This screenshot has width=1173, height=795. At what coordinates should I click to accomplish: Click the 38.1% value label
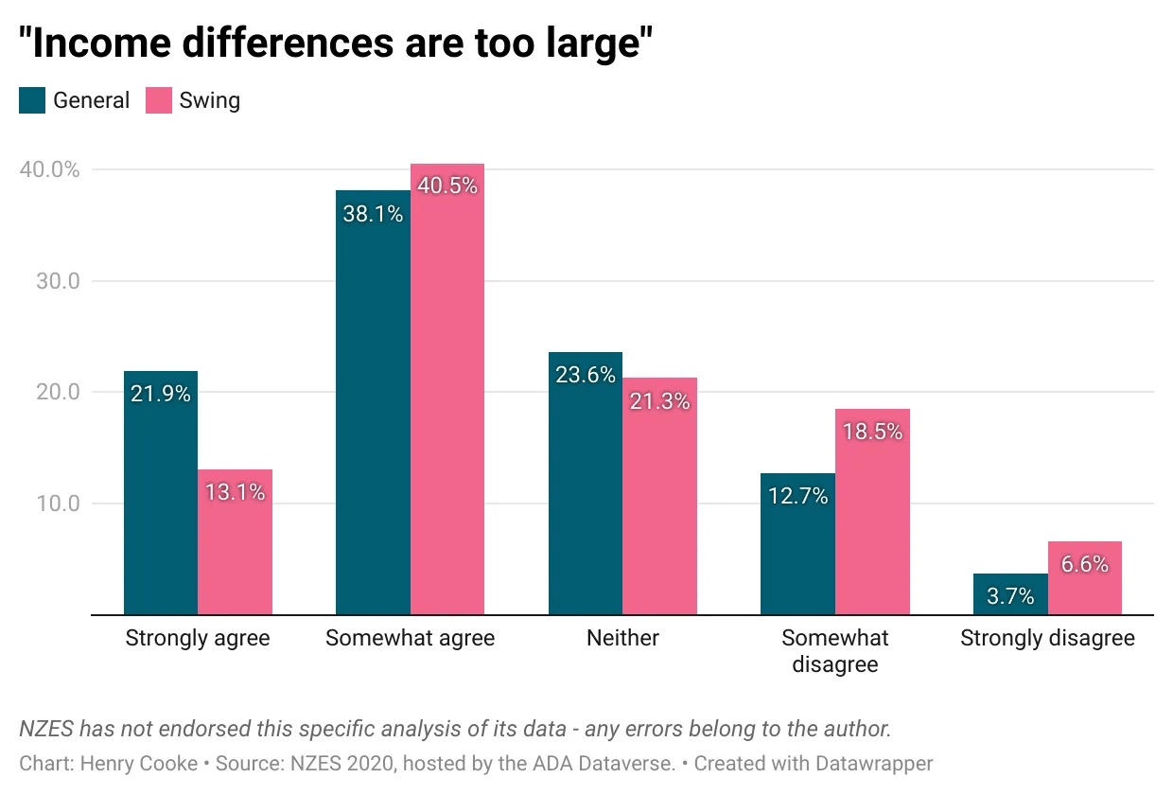click(373, 214)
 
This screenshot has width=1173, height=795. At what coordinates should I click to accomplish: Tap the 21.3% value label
click(659, 401)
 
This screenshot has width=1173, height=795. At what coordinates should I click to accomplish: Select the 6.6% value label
click(1084, 564)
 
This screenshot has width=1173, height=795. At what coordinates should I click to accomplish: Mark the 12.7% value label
click(797, 495)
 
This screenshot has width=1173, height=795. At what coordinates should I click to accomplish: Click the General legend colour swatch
click(32, 100)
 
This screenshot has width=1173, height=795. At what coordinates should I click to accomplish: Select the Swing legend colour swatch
click(158, 100)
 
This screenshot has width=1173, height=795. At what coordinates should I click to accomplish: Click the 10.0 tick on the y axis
click(58, 503)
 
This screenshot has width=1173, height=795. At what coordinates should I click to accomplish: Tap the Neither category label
click(622, 638)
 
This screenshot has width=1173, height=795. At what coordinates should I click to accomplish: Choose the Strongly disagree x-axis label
click(1047, 638)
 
